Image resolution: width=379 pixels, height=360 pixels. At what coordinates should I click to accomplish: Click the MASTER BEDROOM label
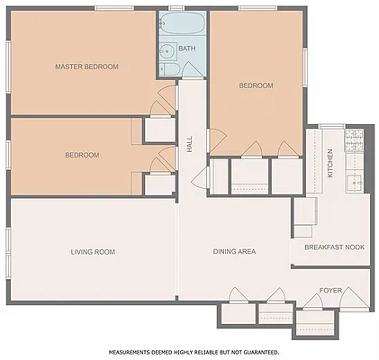click(x=86, y=67)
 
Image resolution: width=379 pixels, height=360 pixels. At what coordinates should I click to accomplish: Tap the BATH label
click(x=186, y=49)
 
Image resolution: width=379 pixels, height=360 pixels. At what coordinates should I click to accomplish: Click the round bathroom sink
click(x=167, y=49)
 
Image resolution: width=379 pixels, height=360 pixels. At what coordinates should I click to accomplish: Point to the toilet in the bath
click(x=169, y=68)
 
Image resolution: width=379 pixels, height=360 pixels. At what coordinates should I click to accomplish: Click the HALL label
click(x=190, y=144)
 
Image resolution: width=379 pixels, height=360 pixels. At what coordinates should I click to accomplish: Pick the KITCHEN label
click(x=330, y=163)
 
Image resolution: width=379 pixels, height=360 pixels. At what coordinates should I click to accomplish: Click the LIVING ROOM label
click(x=93, y=252)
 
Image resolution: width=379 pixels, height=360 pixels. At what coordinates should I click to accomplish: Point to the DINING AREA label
click(x=234, y=252)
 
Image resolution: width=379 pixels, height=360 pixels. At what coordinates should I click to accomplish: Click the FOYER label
click(x=330, y=291)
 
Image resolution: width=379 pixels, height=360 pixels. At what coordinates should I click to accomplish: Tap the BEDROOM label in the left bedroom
click(x=82, y=155)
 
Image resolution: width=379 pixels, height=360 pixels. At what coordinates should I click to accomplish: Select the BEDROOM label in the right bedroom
click(x=256, y=85)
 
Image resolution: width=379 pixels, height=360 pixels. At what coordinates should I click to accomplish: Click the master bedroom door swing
click(x=165, y=94)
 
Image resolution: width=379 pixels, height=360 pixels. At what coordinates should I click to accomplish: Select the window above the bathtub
click(x=184, y=10)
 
